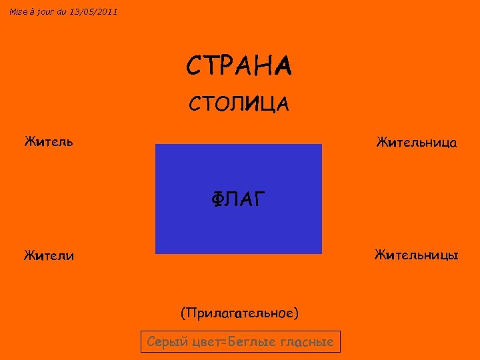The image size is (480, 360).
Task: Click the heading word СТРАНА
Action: click(x=239, y=66)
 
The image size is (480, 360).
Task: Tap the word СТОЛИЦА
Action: click(x=239, y=104)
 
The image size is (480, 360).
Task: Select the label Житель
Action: click(x=49, y=141)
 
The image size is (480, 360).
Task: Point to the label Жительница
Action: click(x=417, y=142)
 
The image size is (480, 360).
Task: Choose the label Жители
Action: click(x=49, y=255)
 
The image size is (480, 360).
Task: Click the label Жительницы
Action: click(x=416, y=255)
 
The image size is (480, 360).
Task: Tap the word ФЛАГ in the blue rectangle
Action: click(x=239, y=199)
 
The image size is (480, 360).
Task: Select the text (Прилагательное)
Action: click(x=239, y=313)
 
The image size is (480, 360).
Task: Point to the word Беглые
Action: click(x=253, y=342)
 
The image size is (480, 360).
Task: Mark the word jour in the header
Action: click(x=46, y=11)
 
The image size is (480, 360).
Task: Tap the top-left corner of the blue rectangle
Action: click(x=156, y=145)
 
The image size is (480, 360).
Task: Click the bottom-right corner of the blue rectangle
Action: click(x=321, y=253)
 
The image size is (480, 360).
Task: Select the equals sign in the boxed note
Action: click(x=225, y=343)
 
